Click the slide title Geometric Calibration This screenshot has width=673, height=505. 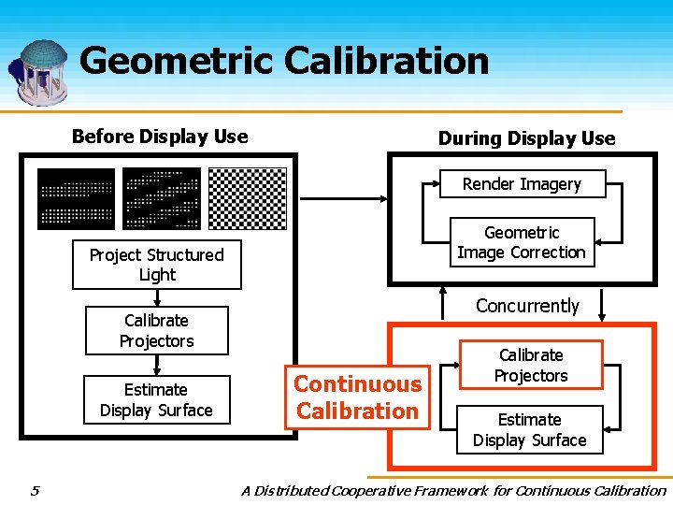click(284, 61)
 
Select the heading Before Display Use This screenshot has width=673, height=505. click(160, 137)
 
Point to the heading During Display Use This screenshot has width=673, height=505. click(526, 138)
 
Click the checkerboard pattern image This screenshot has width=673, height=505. click(247, 198)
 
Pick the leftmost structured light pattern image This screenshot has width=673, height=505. click(76, 198)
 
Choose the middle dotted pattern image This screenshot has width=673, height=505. click(162, 198)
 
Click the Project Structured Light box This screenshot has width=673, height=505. click(156, 265)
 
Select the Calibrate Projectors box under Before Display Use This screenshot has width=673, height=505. click(156, 331)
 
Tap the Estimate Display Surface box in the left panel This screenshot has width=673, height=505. click(156, 399)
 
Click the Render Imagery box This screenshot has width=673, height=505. click(522, 184)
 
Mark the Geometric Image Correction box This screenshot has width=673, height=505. click(522, 243)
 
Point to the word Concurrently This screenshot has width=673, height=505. click(527, 306)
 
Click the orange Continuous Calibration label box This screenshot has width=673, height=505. click(357, 397)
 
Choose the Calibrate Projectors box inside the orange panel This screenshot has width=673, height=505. click(531, 366)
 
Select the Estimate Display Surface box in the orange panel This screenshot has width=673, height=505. click(529, 430)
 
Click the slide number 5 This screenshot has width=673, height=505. click(34, 490)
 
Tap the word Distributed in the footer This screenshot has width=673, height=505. click(290, 490)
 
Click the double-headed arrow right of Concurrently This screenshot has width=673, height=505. click(602, 306)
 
